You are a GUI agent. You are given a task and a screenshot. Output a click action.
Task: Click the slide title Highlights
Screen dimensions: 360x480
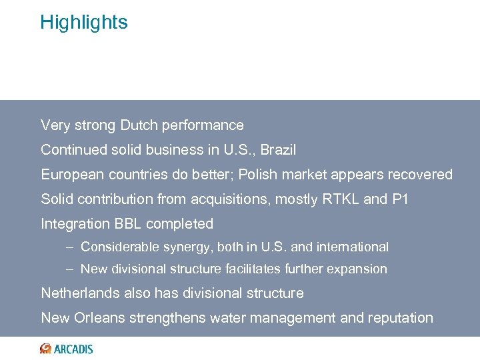pos(83,22)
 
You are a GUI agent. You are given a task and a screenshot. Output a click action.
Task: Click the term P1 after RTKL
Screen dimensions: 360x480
pos(402,199)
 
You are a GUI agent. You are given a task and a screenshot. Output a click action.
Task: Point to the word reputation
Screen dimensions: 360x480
pos(402,318)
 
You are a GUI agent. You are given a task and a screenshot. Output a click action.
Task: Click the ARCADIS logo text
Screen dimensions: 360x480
pos(73,349)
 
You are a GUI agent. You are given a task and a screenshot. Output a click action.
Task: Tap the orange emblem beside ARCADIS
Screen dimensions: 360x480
pos(45,349)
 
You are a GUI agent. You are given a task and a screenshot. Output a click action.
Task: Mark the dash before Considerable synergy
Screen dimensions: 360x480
pos(70,247)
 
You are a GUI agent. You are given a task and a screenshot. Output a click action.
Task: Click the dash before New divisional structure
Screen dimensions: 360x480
pos(70,269)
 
